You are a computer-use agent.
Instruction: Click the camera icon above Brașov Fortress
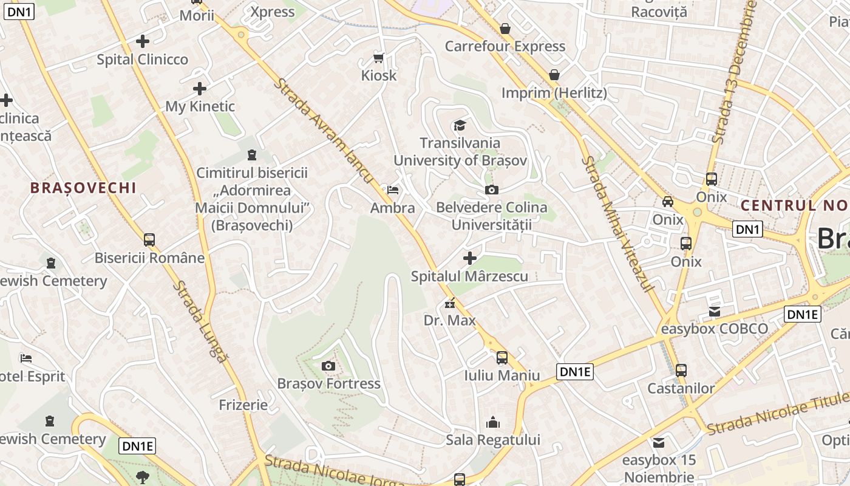tap(328, 366)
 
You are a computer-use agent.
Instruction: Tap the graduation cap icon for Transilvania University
tap(460, 126)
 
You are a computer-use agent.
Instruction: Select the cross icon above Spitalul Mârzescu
tap(469, 258)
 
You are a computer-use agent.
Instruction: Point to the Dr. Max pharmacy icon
tap(450, 303)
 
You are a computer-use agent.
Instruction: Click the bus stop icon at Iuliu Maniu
tap(502, 358)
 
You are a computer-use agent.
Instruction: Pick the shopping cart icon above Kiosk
tap(379, 58)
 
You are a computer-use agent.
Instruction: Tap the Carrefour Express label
tap(505, 46)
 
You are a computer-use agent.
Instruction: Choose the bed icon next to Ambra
tap(393, 190)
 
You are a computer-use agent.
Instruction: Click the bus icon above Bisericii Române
tap(149, 240)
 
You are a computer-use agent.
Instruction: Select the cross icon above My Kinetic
tap(200, 89)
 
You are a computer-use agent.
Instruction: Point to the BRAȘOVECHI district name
tap(84, 188)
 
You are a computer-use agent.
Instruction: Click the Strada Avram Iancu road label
tap(323, 130)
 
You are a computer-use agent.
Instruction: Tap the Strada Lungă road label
tap(200, 322)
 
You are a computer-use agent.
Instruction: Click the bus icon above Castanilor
tap(681, 370)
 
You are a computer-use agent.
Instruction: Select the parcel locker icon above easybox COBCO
tap(714, 312)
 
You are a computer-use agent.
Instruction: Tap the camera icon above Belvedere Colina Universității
tap(492, 190)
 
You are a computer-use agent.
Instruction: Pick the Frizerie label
tap(243, 405)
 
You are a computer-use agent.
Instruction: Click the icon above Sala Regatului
tap(493, 422)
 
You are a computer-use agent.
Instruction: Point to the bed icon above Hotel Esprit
tap(25, 358)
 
